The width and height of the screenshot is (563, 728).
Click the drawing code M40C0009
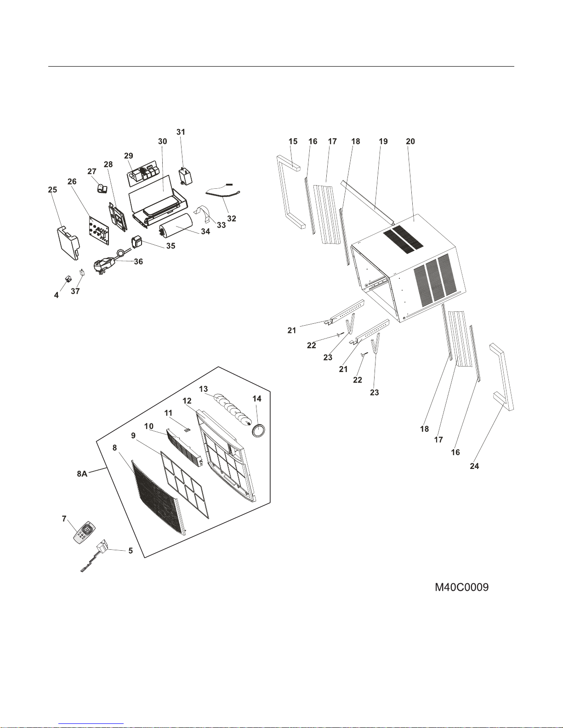tap(461, 587)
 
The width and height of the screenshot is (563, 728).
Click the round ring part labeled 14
tap(259, 431)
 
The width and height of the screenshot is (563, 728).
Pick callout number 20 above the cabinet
tap(410, 141)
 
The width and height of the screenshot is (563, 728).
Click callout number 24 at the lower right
tap(474, 466)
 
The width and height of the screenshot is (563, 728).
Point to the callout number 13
tap(203, 389)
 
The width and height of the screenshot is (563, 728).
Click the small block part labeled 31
tap(185, 176)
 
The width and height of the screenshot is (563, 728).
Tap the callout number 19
tap(383, 141)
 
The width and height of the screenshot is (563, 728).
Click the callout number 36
tap(138, 261)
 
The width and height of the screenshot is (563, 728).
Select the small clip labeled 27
tap(102, 188)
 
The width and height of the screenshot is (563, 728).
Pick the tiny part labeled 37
tap(82, 272)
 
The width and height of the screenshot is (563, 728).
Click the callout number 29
tap(129, 156)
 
